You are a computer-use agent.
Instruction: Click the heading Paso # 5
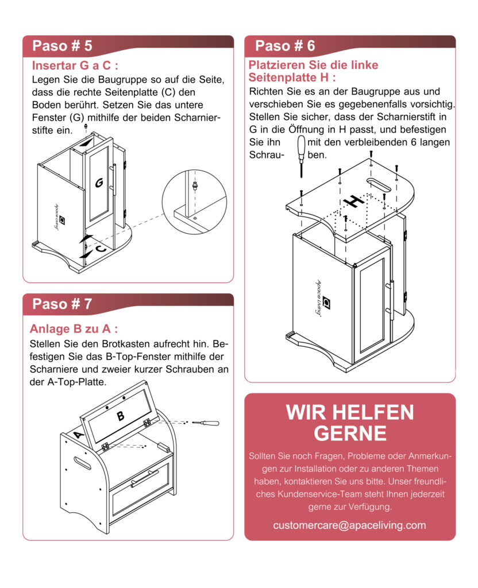pyautogui.click(x=62, y=45)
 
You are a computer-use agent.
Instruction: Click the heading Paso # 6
pyautogui.click(x=284, y=45)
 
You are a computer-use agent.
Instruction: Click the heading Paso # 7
pyautogui.click(x=62, y=304)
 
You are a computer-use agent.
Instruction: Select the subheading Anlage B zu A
pyautogui.click(x=74, y=329)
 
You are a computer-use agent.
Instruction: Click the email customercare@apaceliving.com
pyautogui.click(x=349, y=525)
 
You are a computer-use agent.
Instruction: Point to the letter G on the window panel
pyautogui.click(x=99, y=183)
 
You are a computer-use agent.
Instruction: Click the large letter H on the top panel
pyautogui.click(x=353, y=201)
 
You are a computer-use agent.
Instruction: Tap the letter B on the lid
pyautogui.click(x=121, y=416)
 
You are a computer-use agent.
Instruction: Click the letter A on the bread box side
pyautogui.click(x=80, y=435)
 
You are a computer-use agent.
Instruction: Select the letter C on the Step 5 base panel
pyautogui.click(x=100, y=249)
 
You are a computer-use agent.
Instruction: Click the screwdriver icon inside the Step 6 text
pyautogui.click(x=299, y=150)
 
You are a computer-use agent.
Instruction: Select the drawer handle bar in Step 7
pyautogui.click(x=144, y=478)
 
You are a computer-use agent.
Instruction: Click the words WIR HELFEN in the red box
pyautogui.click(x=349, y=412)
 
